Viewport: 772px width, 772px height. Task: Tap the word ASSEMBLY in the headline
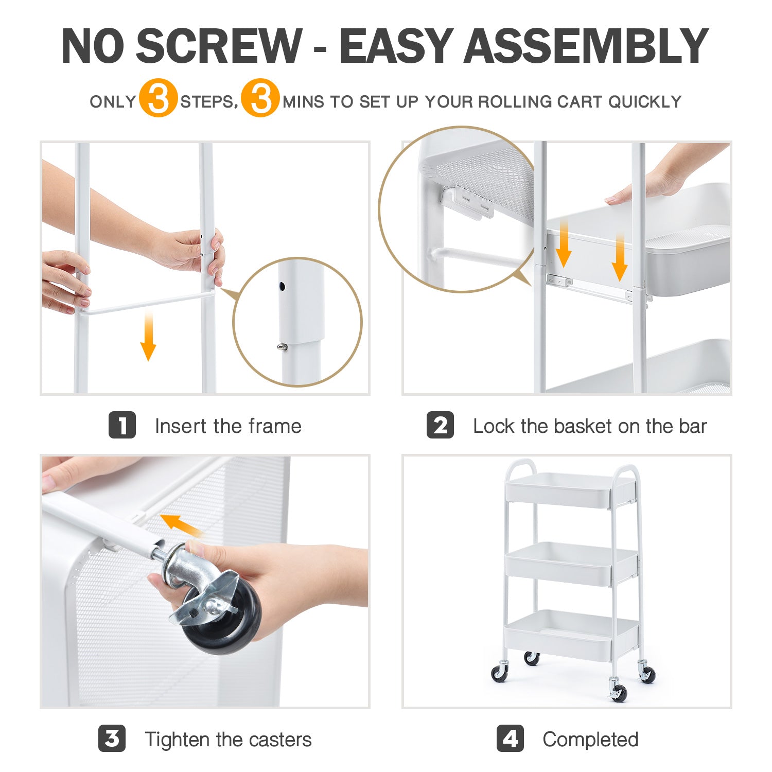(587, 46)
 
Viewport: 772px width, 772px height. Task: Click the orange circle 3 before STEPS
(158, 98)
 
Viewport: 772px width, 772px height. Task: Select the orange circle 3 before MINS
(260, 98)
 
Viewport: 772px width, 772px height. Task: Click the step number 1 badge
(122, 425)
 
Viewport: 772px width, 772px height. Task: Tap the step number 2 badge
(440, 425)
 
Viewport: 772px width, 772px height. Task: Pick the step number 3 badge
(112, 739)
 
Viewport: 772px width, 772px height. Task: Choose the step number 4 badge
(510, 739)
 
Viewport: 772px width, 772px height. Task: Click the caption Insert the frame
(228, 426)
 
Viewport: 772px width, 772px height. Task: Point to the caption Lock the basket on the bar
(590, 426)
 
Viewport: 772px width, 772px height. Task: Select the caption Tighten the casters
(228, 740)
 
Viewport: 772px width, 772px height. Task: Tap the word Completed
(590, 740)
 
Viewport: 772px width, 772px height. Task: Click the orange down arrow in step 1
(148, 337)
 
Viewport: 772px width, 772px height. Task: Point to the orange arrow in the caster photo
(181, 525)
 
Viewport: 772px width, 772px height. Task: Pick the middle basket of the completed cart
(571, 564)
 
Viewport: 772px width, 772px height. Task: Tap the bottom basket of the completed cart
(571, 636)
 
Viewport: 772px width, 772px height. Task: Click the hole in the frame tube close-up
(282, 286)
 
